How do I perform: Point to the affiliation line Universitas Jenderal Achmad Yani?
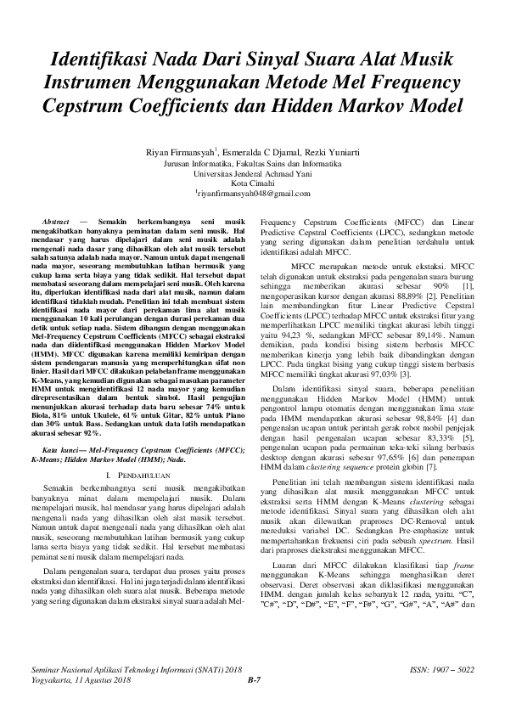point(252,172)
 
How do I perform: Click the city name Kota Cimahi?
point(252,183)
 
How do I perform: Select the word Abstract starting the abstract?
point(55,221)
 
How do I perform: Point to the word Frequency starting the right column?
point(281,221)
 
